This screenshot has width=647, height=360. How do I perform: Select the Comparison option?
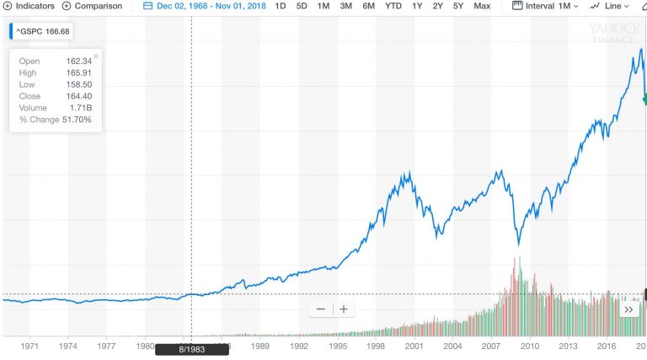click(92, 6)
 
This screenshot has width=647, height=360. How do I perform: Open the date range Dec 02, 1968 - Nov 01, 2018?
click(206, 6)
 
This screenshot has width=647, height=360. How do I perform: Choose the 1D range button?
click(280, 6)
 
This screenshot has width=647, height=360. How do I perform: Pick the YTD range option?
click(393, 6)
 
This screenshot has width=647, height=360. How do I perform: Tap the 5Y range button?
click(458, 6)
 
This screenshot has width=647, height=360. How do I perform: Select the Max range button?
click(482, 6)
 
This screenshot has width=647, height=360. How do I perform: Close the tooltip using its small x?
click(96, 56)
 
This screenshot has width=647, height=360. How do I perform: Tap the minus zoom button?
click(321, 309)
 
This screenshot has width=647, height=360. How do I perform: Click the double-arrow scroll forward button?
click(628, 309)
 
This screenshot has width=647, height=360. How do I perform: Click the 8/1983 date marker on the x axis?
click(192, 349)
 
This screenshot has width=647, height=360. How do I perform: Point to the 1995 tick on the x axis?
click(338, 346)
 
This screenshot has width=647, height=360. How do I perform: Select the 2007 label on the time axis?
click(491, 346)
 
